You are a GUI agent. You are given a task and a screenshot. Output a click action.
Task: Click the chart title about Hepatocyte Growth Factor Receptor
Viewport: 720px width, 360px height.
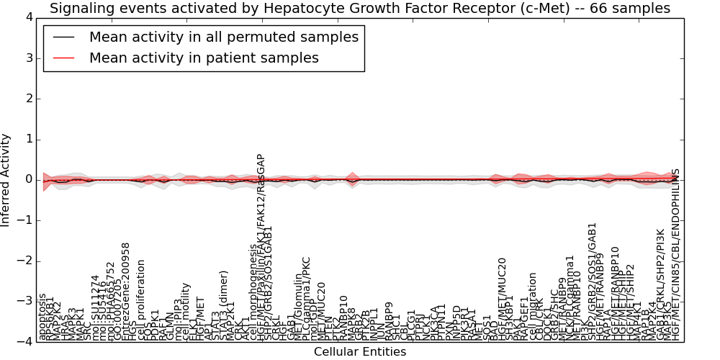pos(360,9)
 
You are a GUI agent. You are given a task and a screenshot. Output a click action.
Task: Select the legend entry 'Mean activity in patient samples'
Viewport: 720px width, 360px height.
pos(204,58)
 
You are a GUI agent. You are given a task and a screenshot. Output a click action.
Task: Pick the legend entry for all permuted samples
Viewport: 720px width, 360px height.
pos(223,37)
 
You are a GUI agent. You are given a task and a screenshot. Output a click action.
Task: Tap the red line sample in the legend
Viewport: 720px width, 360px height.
pos(62,58)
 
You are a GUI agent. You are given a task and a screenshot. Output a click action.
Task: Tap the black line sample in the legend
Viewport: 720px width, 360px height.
pos(62,37)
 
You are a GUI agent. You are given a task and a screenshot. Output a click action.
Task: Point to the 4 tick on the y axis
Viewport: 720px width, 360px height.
pos(28,17)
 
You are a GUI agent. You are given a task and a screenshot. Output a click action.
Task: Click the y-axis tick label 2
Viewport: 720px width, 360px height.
pos(28,99)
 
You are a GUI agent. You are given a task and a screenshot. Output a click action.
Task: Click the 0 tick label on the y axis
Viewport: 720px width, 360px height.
pos(28,180)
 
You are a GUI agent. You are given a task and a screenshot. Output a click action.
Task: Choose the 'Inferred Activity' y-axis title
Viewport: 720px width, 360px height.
pos(6,180)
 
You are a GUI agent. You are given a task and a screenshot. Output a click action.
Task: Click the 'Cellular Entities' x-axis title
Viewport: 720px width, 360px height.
pos(360,352)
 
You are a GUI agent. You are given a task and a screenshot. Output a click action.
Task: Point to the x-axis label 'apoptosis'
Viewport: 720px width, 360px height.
pos(42,316)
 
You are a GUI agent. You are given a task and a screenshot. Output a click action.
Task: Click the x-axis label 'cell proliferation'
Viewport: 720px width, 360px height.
pos(141,300)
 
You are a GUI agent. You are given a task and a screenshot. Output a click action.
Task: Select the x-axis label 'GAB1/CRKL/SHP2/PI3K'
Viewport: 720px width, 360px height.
pos(660,284)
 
